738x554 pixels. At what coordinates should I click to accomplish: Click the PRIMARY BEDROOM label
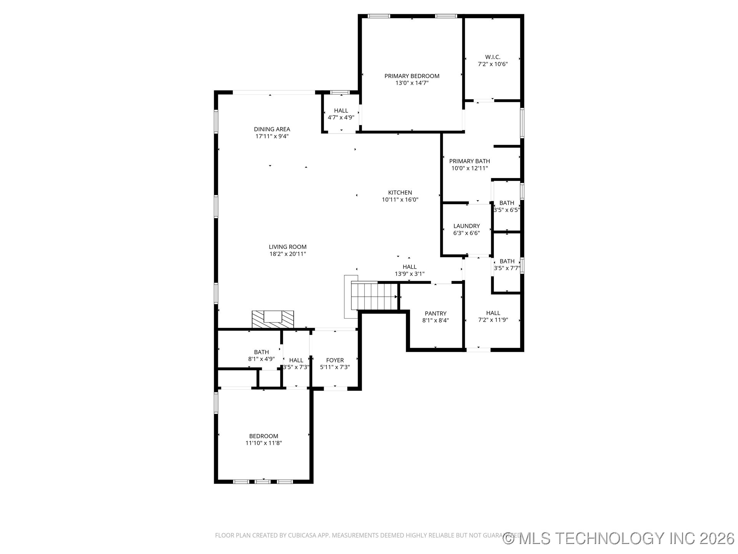[412, 76]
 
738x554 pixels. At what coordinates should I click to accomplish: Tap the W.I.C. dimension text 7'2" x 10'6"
[492, 64]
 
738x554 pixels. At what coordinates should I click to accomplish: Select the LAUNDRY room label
[466, 226]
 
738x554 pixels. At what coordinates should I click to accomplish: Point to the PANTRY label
[435, 314]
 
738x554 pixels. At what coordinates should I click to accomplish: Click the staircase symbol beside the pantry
[374, 296]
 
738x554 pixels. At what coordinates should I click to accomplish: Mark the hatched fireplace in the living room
[273, 319]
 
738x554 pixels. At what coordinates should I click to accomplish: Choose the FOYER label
[335, 360]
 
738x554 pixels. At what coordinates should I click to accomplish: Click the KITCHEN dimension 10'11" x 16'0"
[400, 200]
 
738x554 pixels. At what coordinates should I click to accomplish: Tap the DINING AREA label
[272, 129]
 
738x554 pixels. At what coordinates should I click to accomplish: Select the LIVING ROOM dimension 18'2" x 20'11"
[288, 254]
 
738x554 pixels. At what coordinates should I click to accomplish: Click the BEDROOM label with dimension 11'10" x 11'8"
[264, 436]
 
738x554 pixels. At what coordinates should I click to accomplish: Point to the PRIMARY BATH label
[469, 161]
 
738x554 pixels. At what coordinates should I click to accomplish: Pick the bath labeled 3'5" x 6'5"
[507, 206]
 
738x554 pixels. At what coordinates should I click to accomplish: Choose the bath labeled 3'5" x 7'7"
[507, 265]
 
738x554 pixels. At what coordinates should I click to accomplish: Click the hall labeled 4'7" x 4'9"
[341, 114]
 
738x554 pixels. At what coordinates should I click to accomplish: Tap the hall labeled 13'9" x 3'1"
[409, 270]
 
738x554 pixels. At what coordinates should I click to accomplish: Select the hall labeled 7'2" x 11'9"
[493, 316]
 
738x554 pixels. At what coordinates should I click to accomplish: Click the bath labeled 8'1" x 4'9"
[261, 355]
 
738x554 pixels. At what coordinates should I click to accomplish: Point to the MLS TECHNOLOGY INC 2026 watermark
[619, 538]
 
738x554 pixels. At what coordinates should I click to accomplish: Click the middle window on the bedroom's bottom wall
[263, 481]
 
